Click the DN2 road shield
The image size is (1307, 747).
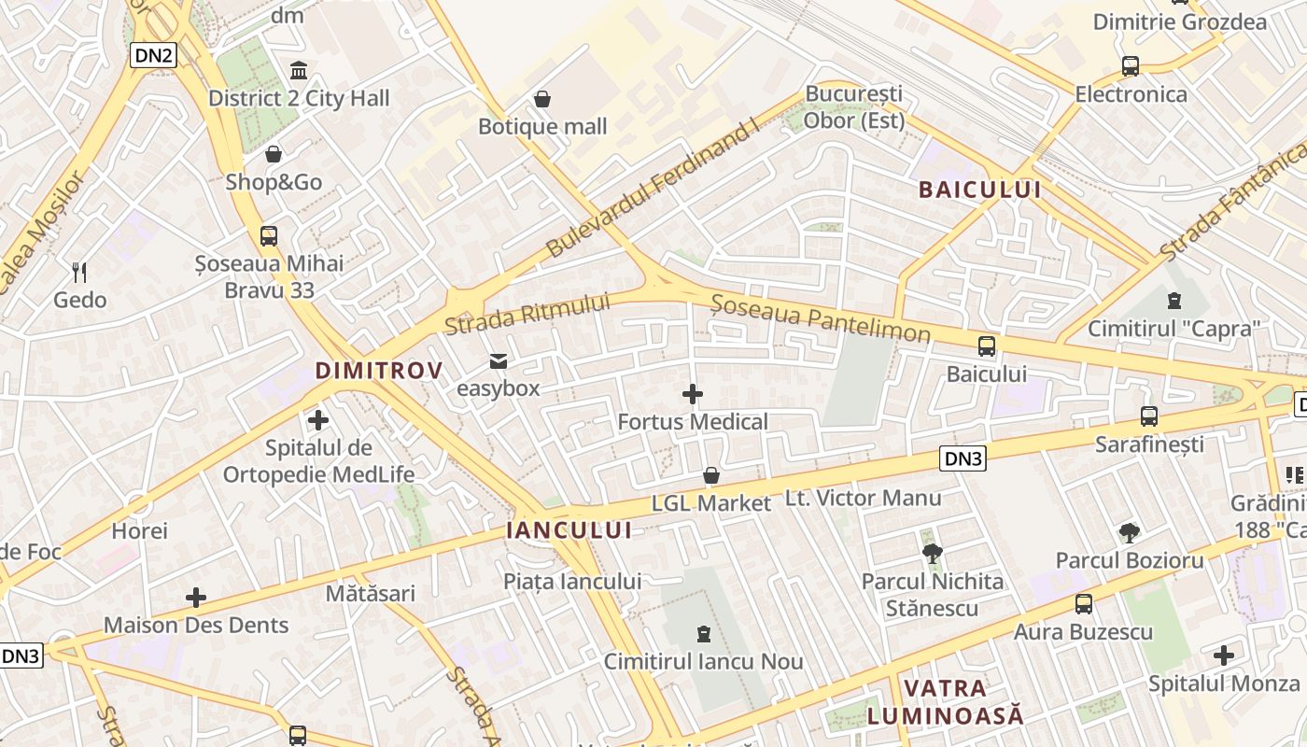point(154,55)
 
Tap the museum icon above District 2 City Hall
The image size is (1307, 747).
point(299,70)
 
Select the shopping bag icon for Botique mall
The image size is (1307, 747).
point(542,99)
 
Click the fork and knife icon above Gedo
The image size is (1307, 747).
point(80,273)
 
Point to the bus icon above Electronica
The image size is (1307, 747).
point(1131,66)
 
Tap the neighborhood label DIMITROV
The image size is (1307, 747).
point(379,371)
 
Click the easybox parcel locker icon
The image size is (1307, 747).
point(499,361)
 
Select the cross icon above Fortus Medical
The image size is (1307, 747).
point(693,394)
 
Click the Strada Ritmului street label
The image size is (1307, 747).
point(527,314)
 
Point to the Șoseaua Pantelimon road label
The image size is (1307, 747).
point(821,318)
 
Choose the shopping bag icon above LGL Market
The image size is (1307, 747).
point(711,476)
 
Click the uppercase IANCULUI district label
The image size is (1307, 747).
point(569,530)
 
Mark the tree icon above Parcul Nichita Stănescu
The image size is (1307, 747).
point(932,554)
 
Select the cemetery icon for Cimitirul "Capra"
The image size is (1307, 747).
point(1173,301)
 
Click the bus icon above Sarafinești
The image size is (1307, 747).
point(1149,416)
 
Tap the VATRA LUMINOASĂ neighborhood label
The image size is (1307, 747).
point(945,702)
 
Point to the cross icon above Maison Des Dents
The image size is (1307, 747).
point(196,598)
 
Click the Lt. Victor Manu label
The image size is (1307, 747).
point(863,498)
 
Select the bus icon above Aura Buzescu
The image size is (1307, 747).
point(1084,604)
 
